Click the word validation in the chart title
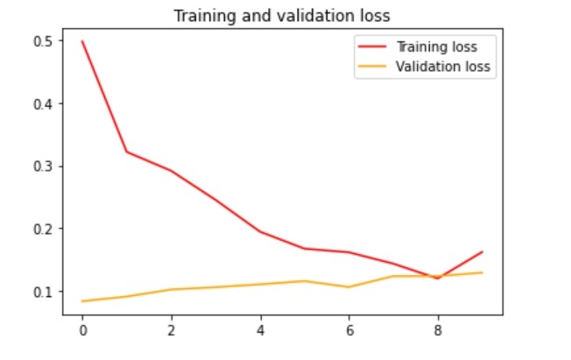pos(284,16)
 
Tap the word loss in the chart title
pos(342,16)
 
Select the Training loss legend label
pos(437,46)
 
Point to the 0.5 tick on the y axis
pos(43,41)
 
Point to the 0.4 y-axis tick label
pos(43,103)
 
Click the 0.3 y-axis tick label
pos(43,166)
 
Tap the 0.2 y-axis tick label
pos(43,229)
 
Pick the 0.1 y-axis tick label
pos(43,291)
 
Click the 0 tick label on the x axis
pos(82,333)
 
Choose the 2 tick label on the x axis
pos(171,333)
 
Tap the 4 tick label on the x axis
pos(260,333)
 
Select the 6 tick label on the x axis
pos(349,333)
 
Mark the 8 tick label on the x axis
pos(438,333)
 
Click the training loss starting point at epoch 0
pos(82,41)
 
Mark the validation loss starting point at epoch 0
pos(82,301)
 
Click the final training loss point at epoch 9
pos(482,252)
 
